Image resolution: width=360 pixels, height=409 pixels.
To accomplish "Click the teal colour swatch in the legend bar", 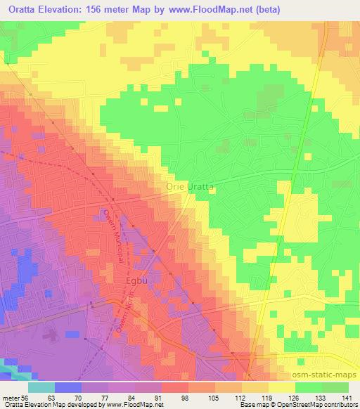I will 41,387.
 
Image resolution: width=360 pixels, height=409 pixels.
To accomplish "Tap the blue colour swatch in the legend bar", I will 68,387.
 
